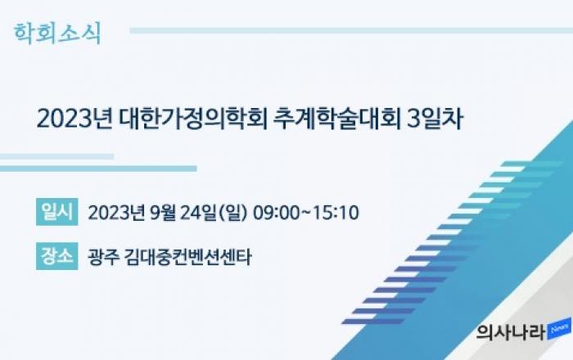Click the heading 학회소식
57,34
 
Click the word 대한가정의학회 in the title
193,119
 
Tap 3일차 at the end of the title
435,119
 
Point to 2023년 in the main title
74,119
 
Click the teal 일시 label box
57,212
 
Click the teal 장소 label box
57,256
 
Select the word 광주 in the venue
103,257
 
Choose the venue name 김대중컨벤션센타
187,257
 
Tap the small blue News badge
559,328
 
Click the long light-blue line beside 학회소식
351,30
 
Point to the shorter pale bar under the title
56,156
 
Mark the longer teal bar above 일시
98,169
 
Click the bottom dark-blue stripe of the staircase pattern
372,322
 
